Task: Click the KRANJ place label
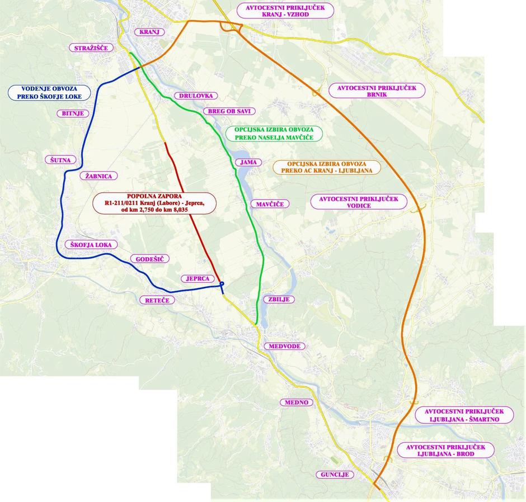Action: pyautogui.click(x=149, y=32)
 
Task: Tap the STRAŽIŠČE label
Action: pyautogui.click(x=91, y=48)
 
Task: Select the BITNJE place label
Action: pyautogui.click(x=73, y=113)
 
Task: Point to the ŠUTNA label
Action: pyautogui.click(x=60, y=160)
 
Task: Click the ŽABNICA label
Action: pyautogui.click(x=99, y=176)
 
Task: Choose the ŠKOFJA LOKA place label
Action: pyautogui.click(x=91, y=245)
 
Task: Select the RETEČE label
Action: pyautogui.click(x=157, y=300)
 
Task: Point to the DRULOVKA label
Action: pyautogui.click(x=196, y=96)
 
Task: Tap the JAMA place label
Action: pyautogui.click(x=248, y=162)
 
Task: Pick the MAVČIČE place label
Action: pyautogui.click(x=270, y=204)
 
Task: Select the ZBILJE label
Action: pyautogui.click(x=279, y=299)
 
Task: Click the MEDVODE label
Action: pyautogui.click(x=284, y=346)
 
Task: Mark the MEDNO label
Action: pyautogui.click(x=297, y=402)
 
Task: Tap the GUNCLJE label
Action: pyautogui.click(x=335, y=475)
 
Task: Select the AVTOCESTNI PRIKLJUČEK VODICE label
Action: pyautogui.click(x=359, y=202)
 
